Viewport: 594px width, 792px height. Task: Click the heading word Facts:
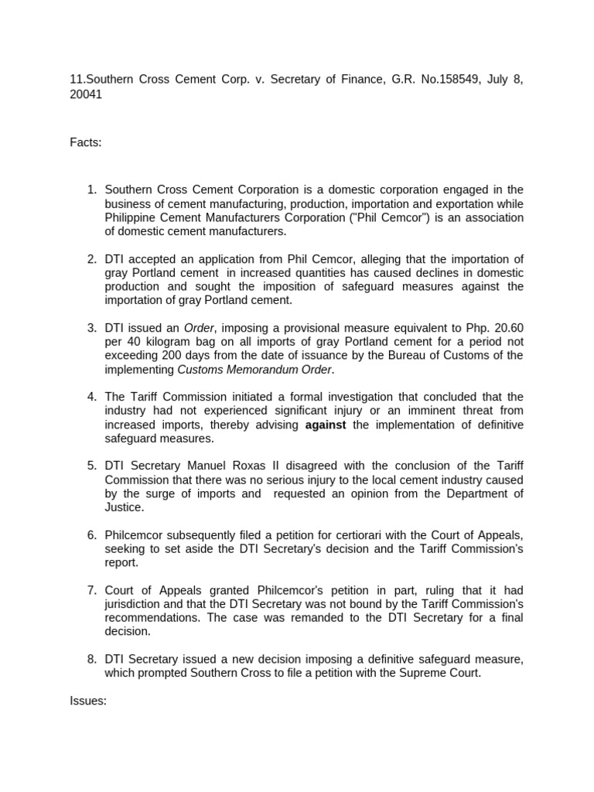(x=85, y=142)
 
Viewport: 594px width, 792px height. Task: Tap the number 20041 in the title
(x=85, y=95)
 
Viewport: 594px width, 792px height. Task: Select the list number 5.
(x=90, y=466)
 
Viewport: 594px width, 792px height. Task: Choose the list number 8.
(x=90, y=659)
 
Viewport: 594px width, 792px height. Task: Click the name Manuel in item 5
(x=203, y=466)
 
